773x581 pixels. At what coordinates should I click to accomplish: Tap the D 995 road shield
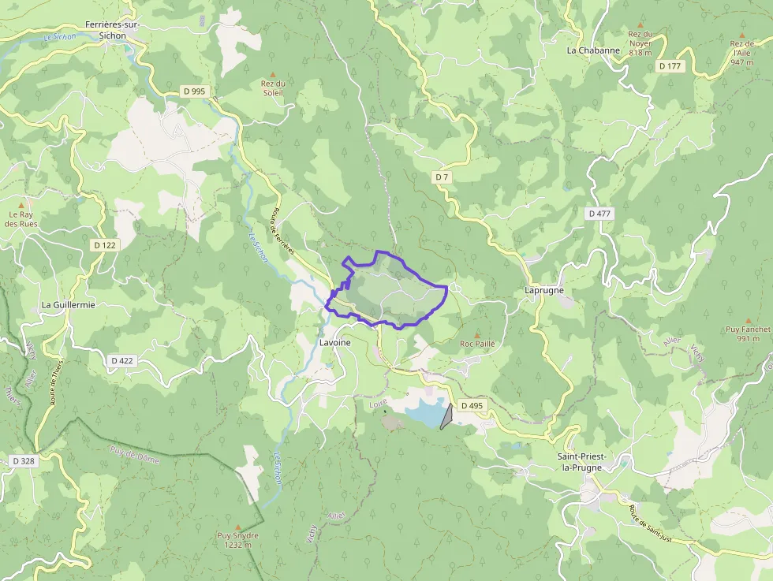[193, 91]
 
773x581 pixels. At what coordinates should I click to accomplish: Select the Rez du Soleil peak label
[273, 88]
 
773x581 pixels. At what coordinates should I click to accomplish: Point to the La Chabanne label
[594, 50]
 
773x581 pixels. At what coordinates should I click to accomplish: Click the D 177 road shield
[670, 66]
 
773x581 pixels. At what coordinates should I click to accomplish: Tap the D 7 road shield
[442, 177]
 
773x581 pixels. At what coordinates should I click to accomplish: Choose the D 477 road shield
[599, 214]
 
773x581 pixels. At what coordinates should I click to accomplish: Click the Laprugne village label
[544, 290]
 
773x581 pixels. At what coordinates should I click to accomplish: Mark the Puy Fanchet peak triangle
[748, 320]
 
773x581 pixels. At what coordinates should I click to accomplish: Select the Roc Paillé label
[477, 344]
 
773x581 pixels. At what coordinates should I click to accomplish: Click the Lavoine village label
[335, 343]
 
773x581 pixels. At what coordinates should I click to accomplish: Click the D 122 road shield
[104, 245]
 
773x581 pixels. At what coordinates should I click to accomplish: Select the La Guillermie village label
[69, 304]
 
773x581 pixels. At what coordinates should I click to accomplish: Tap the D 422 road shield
[121, 360]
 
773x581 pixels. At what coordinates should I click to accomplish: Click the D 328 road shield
[24, 460]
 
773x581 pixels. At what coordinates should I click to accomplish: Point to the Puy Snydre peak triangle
[237, 527]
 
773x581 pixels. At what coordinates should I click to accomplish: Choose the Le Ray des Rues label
[21, 218]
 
